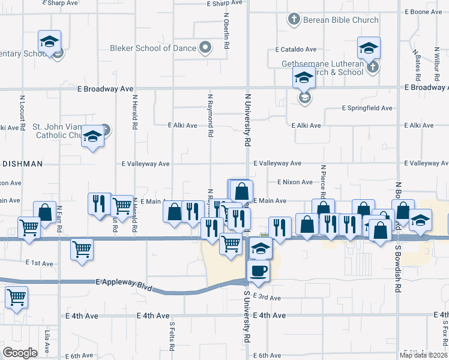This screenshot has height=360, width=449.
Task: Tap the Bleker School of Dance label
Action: [153, 48]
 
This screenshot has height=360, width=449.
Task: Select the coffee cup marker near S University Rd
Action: [258, 270]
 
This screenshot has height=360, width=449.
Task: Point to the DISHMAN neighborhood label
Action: [22, 163]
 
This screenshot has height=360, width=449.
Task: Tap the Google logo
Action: [20, 352]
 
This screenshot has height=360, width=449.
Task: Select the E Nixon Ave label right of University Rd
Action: [294, 182]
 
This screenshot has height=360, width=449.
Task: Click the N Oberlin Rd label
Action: [226, 32]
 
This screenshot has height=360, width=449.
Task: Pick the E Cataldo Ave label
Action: [295, 49]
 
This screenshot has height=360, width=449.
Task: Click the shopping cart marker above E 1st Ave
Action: [82, 248]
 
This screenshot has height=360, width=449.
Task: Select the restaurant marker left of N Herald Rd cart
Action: [99, 203]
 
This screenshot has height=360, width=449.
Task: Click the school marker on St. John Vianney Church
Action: [92, 137]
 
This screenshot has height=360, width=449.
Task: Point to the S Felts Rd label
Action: [172, 336]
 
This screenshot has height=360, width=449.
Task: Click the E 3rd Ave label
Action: [267, 298]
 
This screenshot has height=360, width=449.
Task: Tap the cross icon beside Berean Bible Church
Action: [294, 20]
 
